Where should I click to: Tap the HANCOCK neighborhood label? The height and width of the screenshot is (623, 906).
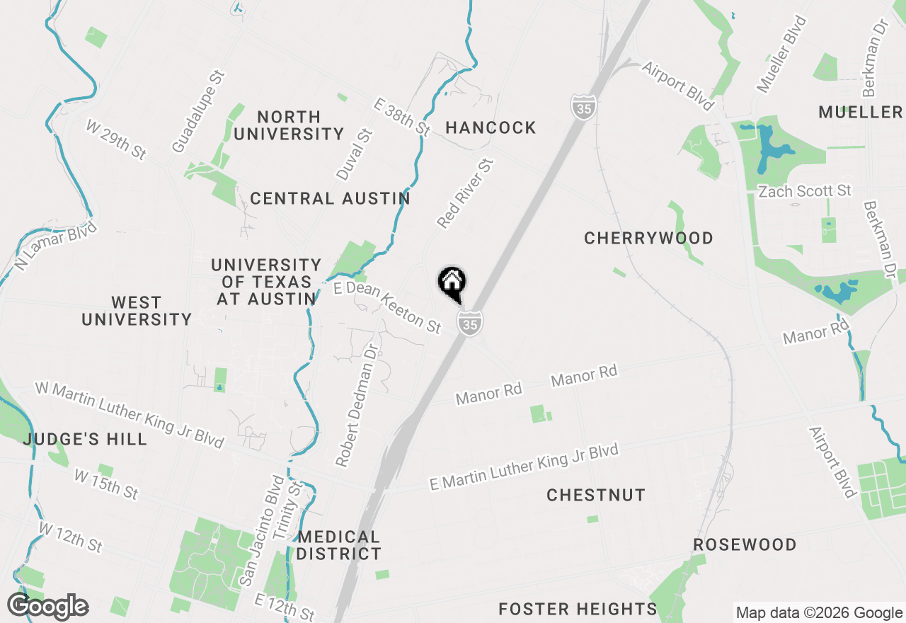click(491, 128)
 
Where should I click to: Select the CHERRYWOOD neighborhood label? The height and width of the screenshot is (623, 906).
click(648, 239)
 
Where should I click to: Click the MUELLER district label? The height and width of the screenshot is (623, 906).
click(860, 113)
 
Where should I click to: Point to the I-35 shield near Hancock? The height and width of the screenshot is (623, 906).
click(582, 107)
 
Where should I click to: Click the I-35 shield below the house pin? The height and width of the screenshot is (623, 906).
click(469, 324)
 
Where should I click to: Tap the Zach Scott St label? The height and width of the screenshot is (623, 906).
click(804, 192)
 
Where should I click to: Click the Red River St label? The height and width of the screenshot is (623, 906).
click(464, 193)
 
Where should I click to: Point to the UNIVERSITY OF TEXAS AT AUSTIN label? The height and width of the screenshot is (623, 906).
click(266, 282)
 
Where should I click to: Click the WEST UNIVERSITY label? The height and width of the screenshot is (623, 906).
click(137, 311)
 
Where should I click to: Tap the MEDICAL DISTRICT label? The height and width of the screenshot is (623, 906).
click(338, 545)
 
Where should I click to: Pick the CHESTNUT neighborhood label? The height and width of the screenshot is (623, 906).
click(596, 496)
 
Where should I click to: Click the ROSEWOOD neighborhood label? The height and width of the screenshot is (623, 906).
click(745, 545)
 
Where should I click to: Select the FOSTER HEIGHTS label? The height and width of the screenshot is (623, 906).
click(578, 609)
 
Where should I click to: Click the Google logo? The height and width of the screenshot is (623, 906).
click(47, 607)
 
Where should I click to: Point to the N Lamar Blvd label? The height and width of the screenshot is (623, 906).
click(55, 248)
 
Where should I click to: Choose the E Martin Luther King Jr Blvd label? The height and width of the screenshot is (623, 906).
click(524, 467)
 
